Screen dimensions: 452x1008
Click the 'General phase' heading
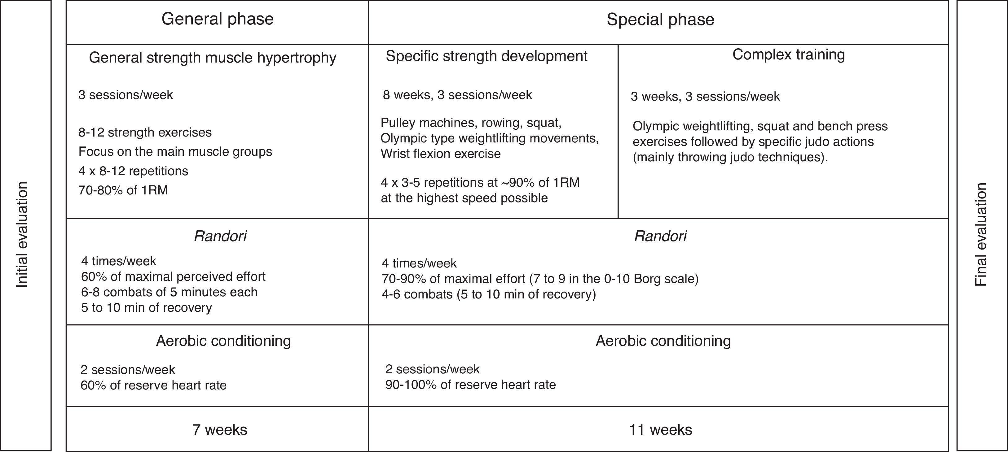click(x=217, y=19)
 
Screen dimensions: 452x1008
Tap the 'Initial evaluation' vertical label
click(x=22, y=234)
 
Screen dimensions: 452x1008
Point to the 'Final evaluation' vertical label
click(x=981, y=234)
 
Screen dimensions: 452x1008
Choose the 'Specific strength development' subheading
click(x=486, y=56)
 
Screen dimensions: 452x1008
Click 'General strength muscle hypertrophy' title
click(x=213, y=58)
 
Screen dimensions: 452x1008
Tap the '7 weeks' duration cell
click(x=219, y=430)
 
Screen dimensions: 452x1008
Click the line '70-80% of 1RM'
click(x=123, y=190)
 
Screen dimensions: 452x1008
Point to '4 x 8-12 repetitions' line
click(x=133, y=171)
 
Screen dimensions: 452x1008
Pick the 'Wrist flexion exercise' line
click(x=440, y=154)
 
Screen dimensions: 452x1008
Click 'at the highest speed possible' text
click(x=464, y=198)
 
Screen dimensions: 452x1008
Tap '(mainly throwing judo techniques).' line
click(x=730, y=157)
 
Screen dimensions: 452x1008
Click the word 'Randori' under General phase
click(x=220, y=237)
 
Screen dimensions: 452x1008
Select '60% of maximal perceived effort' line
click(x=173, y=277)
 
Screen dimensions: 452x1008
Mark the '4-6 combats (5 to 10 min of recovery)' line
click(x=488, y=294)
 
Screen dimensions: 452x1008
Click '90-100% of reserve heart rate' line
click(x=470, y=385)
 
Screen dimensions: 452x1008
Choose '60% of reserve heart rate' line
click(x=153, y=385)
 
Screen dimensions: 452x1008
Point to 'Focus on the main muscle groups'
click(x=175, y=152)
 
